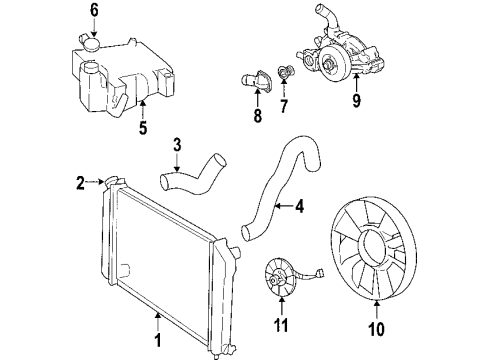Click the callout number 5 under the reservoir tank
pos(142,128)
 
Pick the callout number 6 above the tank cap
pos(94,13)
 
